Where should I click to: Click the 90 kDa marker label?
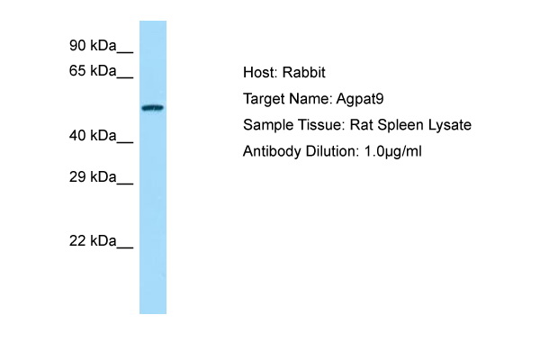(x=93, y=46)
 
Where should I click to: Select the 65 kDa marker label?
(x=93, y=70)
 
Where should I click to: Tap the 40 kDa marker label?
(x=93, y=136)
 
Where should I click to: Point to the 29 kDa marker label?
(x=93, y=177)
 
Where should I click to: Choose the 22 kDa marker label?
(x=93, y=241)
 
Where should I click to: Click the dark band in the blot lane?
(x=153, y=108)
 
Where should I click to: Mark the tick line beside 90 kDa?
(x=125, y=53)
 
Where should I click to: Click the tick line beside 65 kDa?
(x=125, y=78)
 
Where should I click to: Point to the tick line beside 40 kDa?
(x=125, y=142)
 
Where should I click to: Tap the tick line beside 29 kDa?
(x=125, y=184)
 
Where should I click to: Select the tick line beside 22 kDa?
(x=125, y=247)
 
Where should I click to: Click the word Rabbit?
(x=304, y=72)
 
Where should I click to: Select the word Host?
(x=260, y=72)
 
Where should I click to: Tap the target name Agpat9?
(x=360, y=99)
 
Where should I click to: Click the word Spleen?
(x=400, y=125)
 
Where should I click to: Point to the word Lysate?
(x=450, y=125)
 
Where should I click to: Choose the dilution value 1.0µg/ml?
(x=393, y=151)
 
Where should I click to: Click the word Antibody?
(x=272, y=151)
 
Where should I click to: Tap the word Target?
(x=264, y=99)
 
